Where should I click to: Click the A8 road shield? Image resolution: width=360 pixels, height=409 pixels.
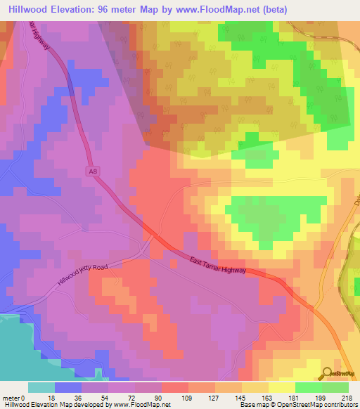pyautogui.click(x=93, y=171)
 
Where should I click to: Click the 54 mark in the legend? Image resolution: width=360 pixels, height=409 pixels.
pyautogui.click(x=108, y=397)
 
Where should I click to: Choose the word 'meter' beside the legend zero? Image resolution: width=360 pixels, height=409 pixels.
pyautogui.click(x=10, y=397)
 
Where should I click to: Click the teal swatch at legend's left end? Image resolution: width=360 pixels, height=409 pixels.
pyautogui.click(x=41, y=387)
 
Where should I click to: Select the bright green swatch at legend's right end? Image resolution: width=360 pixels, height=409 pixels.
pyautogui.click(x=335, y=387)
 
